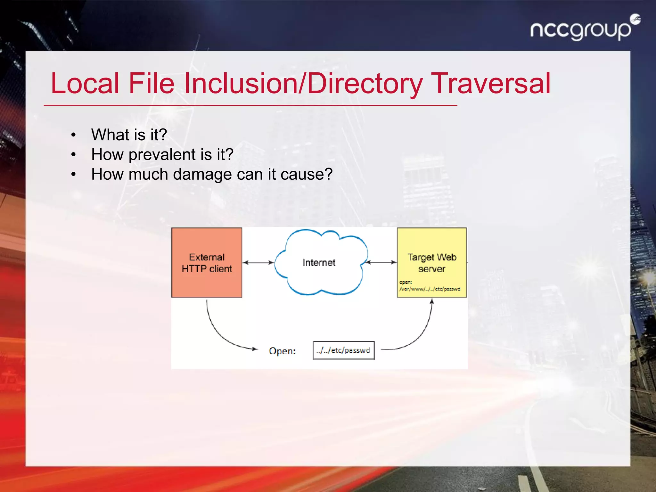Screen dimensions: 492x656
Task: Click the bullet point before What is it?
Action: pyautogui.click(x=74, y=135)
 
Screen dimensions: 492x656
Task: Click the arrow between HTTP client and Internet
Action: pyautogui.click(x=258, y=263)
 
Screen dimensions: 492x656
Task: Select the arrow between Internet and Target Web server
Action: pyautogui.click(x=381, y=262)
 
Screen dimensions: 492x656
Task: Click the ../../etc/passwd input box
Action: pyautogui.click(x=343, y=350)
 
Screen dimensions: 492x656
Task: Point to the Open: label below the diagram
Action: pyautogui.click(x=282, y=351)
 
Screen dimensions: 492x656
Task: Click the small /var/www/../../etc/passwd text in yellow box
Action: pyautogui.click(x=430, y=289)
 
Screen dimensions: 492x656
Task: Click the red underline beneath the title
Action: pyautogui.click(x=250, y=105)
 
